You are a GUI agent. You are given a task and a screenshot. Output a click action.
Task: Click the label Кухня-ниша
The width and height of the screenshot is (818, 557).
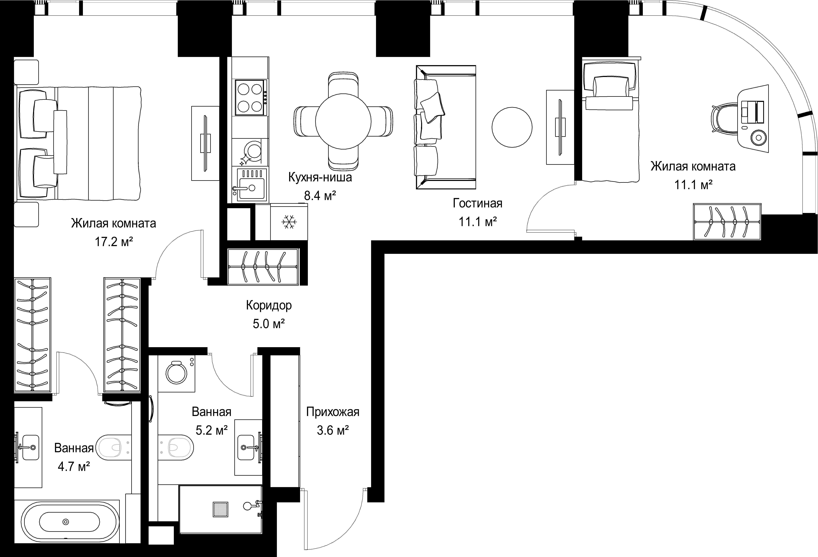pyautogui.click(x=320, y=177)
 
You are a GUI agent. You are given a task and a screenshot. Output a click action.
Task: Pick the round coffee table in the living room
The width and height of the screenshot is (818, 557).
pyautogui.click(x=512, y=127)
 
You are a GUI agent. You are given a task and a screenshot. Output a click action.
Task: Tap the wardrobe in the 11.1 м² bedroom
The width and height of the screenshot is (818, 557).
pyautogui.click(x=727, y=222)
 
